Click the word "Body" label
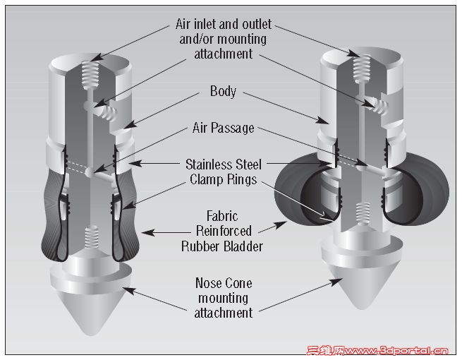coord(223,92)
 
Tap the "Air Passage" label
coord(223,128)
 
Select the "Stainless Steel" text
coord(223,164)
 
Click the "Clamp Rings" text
coord(223,179)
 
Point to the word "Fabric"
coord(223,216)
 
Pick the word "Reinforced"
coord(223,231)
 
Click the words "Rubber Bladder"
coord(223,246)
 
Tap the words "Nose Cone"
coord(223,283)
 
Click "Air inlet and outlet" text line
coord(223,25)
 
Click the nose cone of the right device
coord(360,282)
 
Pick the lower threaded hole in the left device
coord(90,237)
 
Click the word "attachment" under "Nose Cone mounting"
coord(223,312)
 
